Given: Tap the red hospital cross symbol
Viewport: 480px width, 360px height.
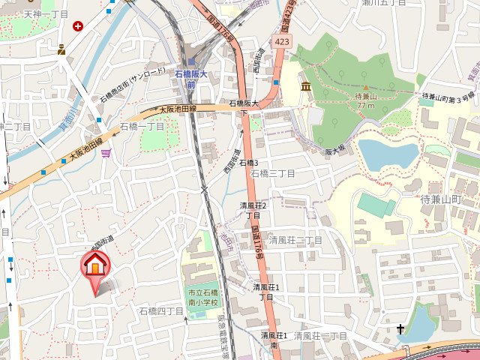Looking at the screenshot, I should (x=78, y=25).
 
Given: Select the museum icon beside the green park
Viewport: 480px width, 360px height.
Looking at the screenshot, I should (x=306, y=88).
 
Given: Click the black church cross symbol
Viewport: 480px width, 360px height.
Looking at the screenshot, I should (x=401, y=328).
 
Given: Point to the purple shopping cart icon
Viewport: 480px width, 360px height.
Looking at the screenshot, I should (x=106, y=154).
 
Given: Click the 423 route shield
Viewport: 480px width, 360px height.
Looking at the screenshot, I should (x=282, y=43).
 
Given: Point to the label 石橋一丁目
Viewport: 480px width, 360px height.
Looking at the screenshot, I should (x=142, y=127).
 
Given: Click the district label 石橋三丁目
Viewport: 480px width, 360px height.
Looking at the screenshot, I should (x=273, y=173).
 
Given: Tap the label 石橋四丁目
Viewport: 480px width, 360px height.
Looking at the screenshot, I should (x=161, y=310).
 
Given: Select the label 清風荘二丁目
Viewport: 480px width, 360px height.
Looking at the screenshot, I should (x=296, y=240).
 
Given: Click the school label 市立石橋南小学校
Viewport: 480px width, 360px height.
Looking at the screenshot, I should (x=202, y=298).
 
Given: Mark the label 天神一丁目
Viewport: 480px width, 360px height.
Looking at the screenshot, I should (x=46, y=14).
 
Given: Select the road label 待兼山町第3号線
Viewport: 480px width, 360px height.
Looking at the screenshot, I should (x=448, y=97).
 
